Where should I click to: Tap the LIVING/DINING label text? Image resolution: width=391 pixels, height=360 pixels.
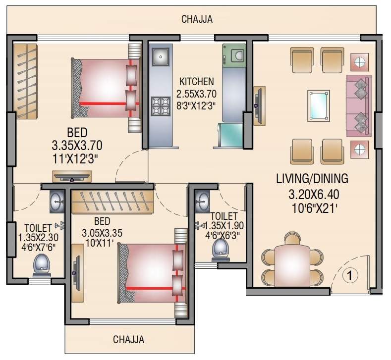(312, 178)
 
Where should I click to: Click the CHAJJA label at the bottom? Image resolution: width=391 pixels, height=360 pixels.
(128, 340)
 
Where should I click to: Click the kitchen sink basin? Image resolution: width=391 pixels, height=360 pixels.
(160, 57)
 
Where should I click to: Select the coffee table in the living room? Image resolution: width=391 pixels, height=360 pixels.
(319, 104)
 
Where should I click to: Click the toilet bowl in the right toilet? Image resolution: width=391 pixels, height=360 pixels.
(219, 250)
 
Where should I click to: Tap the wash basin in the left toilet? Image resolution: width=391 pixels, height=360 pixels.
(57, 201)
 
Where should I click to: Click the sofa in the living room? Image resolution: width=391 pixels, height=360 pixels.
(358, 105)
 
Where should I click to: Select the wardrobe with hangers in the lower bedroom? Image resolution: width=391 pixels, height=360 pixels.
(112, 201)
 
